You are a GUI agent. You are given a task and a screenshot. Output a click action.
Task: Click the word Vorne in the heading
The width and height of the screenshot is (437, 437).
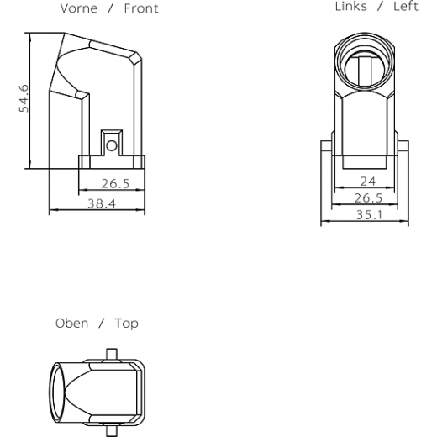79,8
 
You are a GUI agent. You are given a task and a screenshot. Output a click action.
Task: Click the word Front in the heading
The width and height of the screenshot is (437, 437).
141,8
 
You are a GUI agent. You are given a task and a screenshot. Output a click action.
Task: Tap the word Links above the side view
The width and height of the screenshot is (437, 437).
350,7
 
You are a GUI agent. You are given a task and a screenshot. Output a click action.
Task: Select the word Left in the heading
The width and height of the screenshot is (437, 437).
406,7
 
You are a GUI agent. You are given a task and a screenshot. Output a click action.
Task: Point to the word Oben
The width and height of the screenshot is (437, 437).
71,324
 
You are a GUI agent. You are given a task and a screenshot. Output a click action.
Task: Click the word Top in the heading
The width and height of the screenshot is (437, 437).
127,324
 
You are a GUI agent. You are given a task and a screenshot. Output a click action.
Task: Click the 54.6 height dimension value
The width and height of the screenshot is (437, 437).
24,98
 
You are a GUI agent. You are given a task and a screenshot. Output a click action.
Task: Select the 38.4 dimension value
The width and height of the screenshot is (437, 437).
102,203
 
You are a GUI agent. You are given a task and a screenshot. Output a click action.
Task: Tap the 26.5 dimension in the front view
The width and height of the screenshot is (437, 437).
115,184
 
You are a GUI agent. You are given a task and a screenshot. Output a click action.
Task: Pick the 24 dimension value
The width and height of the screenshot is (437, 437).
368,182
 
